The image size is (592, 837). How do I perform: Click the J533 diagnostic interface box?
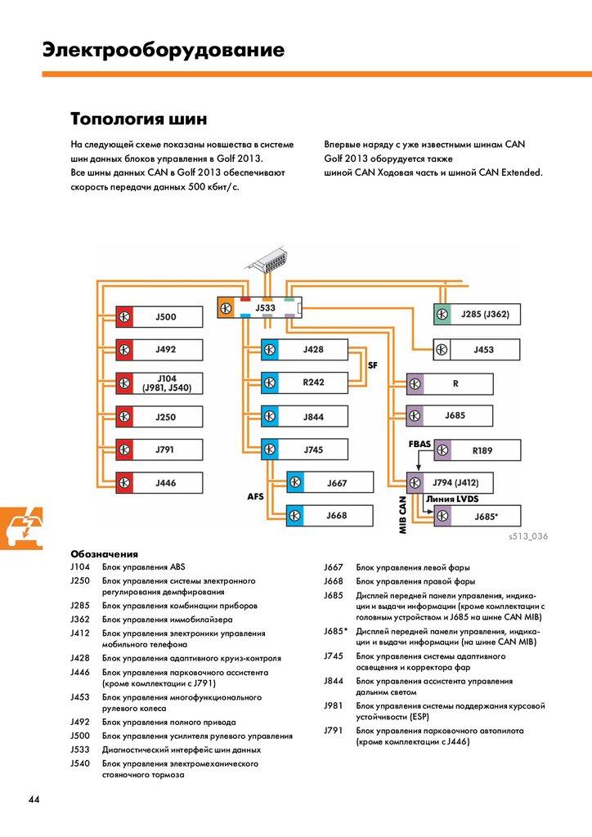(260, 307)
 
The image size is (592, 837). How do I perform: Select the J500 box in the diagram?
(157, 316)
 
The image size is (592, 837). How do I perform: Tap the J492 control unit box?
(157, 350)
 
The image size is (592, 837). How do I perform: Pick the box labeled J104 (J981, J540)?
(157, 383)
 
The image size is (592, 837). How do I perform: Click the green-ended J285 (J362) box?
(477, 314)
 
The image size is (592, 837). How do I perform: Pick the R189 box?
(477, 450)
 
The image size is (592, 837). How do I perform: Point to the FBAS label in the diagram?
(420, 443)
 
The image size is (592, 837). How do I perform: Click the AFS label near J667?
(257, 496)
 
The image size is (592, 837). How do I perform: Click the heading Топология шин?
(132, 119)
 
